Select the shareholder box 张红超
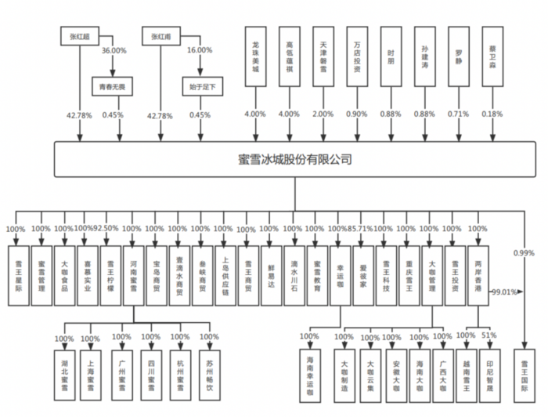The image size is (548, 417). (78, 36)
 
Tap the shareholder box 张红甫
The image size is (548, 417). (160, 36)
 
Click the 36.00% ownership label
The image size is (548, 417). (115, 50)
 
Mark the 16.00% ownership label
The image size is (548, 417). (200, 50)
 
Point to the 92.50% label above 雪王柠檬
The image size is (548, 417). (106, 229)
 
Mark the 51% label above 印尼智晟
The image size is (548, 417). (489, 335)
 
